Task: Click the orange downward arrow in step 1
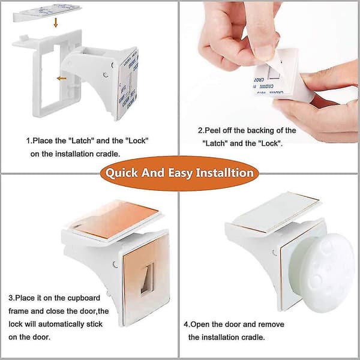tap(56, 23)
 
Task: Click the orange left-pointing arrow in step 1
tap(62, 79)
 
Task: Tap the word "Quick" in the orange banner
tap(121, 173)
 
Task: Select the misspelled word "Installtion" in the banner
tap(224, 173)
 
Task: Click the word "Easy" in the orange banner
tap(180, 173)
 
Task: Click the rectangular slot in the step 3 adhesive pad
tap(147, 278)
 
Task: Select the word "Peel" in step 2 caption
tap(211, 130)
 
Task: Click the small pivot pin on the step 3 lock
tap(115, 265)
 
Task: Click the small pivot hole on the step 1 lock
tap(106, 75)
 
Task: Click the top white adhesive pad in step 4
tap(276, 212)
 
